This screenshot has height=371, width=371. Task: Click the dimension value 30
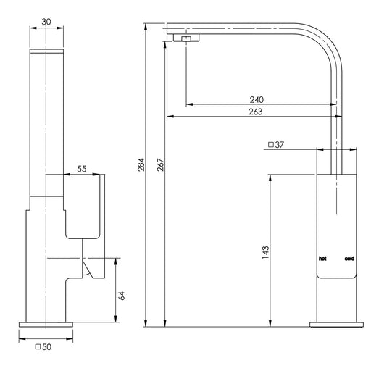[46, 22]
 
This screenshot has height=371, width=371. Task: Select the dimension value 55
[82, 169]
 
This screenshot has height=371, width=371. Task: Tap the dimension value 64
[122, 296]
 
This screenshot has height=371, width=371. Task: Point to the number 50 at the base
[46, 347]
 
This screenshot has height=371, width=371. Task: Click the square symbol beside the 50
[38, 347]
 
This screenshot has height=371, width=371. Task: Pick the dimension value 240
[257, 100]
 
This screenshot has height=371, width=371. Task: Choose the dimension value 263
[256, 112]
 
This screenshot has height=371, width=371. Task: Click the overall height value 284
[141, 164]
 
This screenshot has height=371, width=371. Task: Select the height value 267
[160, 164]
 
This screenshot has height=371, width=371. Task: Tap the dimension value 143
[265, 252]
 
